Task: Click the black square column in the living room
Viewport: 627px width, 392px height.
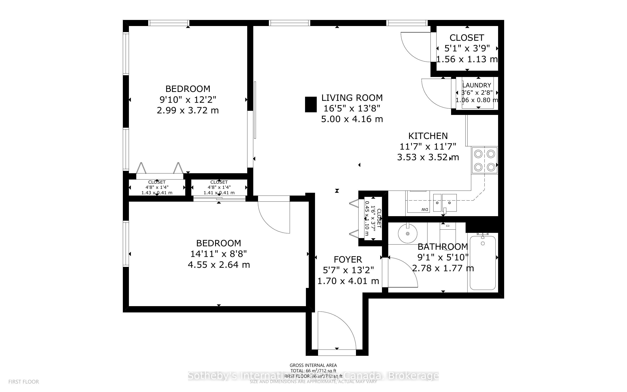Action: click(310, 105)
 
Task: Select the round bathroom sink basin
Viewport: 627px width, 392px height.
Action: click(408, 234)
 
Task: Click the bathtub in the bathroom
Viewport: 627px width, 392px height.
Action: click(482, 262)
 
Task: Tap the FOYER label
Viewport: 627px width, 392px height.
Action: click(348, 260)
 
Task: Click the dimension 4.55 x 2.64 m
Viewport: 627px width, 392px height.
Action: click(219, 265)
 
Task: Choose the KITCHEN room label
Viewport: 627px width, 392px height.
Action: click(428, 136)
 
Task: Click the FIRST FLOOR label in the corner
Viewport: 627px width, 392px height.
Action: click(24, 382)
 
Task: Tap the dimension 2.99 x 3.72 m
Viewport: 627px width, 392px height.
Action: click(188, 110)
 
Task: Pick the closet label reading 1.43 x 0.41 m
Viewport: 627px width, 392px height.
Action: click(157, 193)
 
